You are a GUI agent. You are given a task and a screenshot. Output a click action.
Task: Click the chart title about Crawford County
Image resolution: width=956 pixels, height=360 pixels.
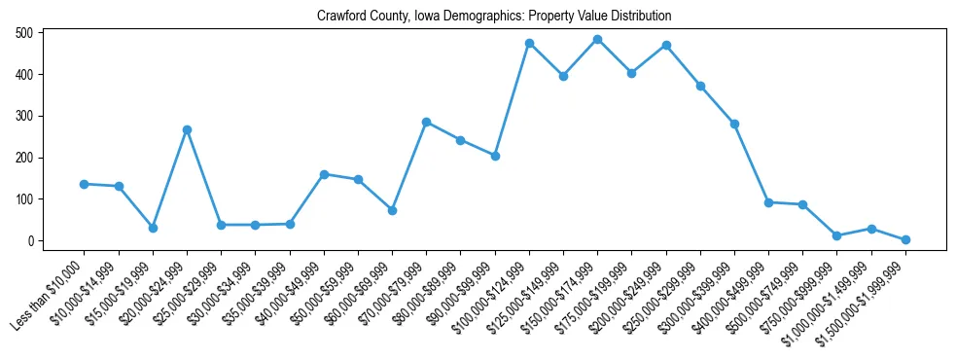(494, 17)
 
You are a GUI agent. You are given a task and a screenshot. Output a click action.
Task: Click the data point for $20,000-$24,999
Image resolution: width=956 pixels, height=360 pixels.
(187, 129)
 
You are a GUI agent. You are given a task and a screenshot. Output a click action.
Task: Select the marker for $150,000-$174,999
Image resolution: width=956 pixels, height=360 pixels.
(597, 40)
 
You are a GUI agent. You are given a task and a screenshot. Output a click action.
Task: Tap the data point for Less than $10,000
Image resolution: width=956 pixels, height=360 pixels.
(85, 184)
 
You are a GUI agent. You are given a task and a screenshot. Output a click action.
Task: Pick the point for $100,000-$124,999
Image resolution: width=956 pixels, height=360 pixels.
(529, 43)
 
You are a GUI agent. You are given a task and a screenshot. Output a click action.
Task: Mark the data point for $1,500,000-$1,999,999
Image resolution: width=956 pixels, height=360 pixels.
(905, 239)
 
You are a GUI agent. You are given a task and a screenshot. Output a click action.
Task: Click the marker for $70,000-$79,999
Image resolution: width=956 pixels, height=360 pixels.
(426, 122)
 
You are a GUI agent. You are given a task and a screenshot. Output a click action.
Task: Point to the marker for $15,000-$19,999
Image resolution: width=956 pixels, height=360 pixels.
(153, 228)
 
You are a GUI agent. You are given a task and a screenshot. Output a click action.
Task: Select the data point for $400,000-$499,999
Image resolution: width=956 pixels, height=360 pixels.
(768, 202)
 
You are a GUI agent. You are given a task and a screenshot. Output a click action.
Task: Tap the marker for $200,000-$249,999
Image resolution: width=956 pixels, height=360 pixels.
(666, 45)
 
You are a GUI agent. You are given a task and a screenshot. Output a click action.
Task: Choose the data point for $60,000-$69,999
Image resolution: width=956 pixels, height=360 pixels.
(392, 210)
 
